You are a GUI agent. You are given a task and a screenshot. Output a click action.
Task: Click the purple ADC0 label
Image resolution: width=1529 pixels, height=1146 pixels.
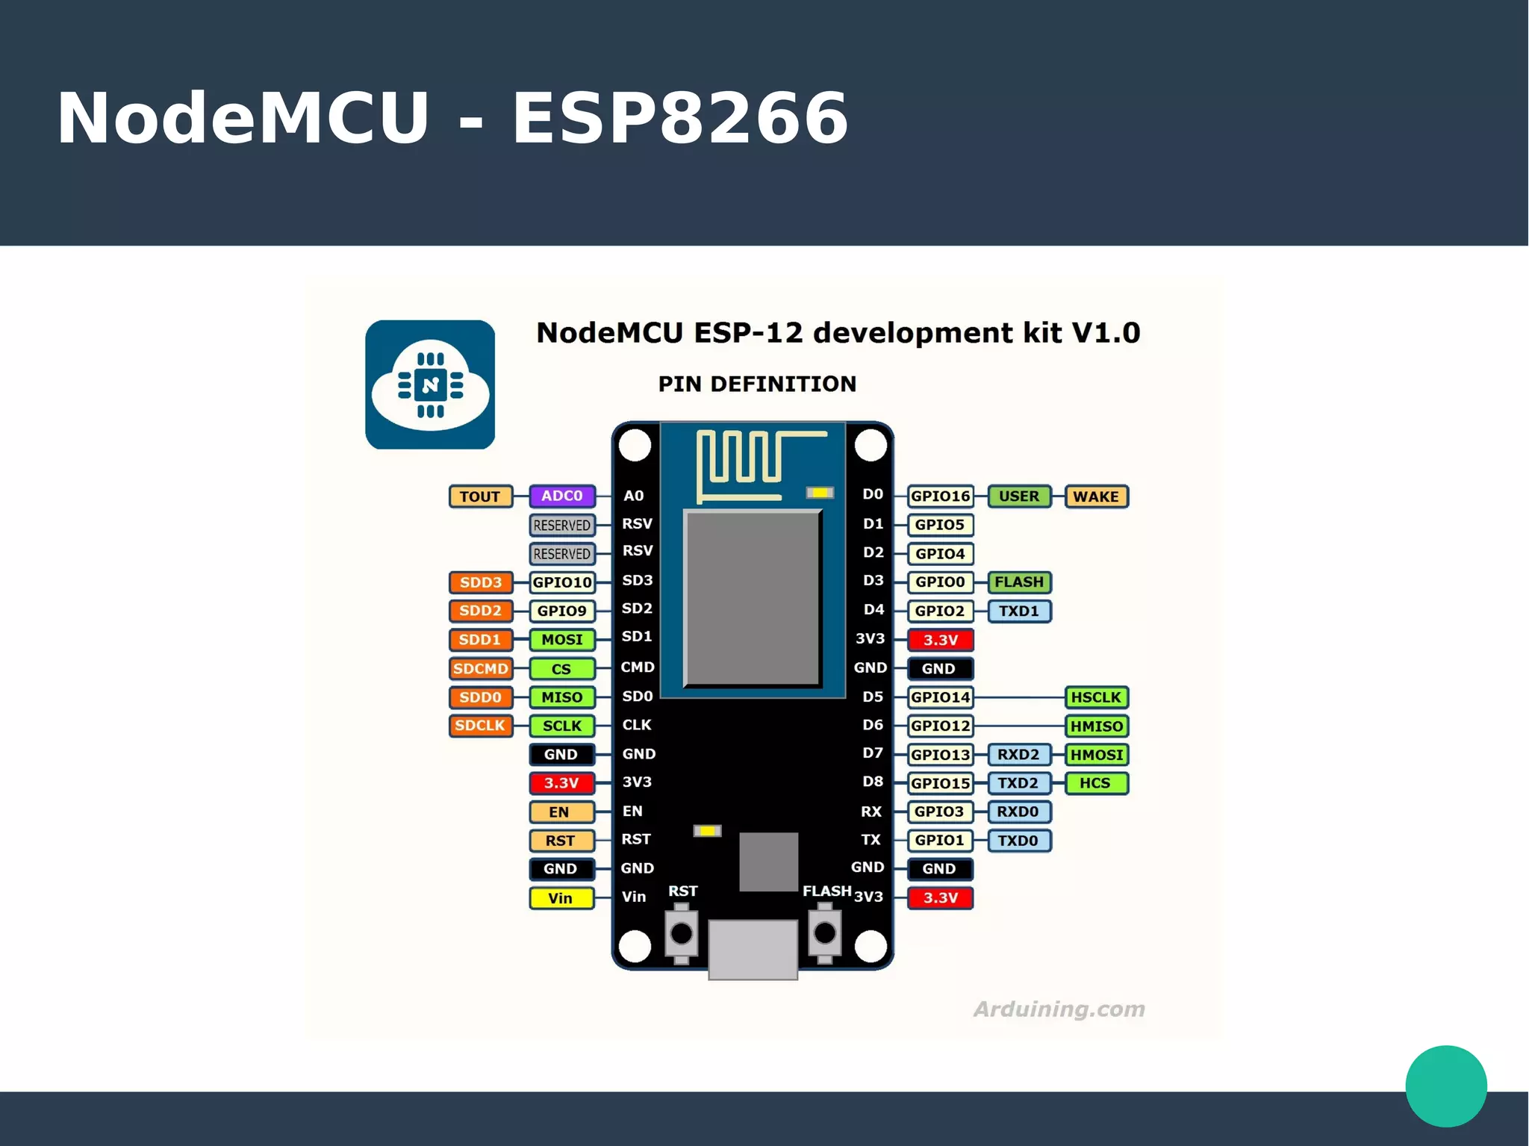[561, 496]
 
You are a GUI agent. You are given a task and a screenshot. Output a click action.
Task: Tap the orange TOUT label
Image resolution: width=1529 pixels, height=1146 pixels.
[480, 496]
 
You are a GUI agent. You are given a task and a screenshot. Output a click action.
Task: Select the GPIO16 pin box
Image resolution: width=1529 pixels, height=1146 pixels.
[940, 496]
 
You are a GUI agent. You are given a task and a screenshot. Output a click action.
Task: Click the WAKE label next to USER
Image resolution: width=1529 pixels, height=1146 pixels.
[1095, 496]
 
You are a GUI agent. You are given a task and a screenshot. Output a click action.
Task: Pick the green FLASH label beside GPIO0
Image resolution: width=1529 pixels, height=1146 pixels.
[1018, 582]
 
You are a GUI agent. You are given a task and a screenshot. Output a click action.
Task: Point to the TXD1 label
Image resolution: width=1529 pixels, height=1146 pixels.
[1018, 611]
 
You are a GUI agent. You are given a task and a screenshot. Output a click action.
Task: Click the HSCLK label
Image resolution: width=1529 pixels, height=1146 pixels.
[1095, 697]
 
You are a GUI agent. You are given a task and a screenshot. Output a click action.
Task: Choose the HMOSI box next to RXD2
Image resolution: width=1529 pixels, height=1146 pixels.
[1095, 755]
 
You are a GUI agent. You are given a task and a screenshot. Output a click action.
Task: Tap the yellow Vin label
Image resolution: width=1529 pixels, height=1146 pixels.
[561, 898]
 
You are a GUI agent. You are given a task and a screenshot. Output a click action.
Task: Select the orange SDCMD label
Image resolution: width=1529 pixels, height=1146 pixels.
[480, 669]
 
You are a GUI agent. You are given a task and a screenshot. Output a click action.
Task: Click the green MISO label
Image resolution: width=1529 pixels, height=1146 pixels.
[561, 697]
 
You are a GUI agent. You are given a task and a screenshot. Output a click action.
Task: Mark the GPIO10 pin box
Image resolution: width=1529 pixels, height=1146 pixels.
[561, 582]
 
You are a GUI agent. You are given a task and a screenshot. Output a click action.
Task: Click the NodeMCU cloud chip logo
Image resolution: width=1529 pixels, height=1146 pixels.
[430, 384]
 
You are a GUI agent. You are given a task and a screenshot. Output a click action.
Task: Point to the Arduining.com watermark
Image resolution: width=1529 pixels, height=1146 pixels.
[1058, 1009]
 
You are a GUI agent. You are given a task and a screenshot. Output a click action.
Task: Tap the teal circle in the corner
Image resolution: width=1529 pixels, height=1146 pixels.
[1445, 1086]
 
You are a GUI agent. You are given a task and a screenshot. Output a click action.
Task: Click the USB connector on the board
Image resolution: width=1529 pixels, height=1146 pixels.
[753, 949]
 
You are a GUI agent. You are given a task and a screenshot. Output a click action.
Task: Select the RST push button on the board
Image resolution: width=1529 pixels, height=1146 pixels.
[681, 933]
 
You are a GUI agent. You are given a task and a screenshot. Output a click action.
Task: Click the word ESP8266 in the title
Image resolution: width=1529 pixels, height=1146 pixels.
[679, 118]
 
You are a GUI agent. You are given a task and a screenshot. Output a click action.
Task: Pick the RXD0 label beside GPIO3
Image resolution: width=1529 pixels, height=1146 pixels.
[1018, 812]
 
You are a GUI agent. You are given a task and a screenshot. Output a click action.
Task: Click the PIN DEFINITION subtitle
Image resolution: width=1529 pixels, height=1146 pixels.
[757, 384]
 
